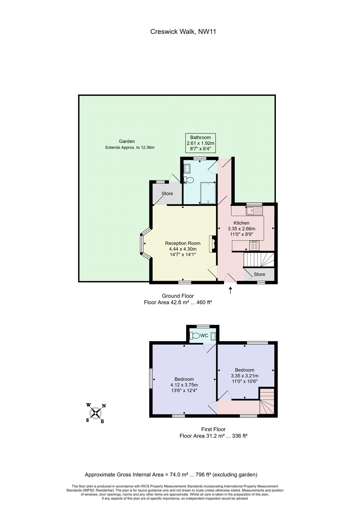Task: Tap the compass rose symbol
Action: pyautogui.click(x=96, y=413)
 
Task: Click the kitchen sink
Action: pyautogui.click(x=254, y=211)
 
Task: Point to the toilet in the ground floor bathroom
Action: pyautogui.click(x=189, y=180)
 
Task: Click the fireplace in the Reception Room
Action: pyautogui.click(x=212, y=244)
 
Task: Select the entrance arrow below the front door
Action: pyautogui.click(x=231, y=290)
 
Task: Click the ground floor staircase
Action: pyautogui.click(x=259, y=260)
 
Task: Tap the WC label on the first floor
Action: pyautogui.click(x=204, y=336)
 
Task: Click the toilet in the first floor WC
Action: pyautogui.click(x=195, y=336)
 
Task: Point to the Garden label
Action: pyautogui.click(x=127, y=141)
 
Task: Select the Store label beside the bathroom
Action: pyautogui.click(x=167, y=194)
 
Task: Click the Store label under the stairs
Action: pyautogui.click(x=259, y=275)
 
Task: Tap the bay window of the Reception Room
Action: pyautogui.click(x=143, y=244)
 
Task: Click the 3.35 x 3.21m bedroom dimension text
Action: pyautogui.click(x=245, y=376)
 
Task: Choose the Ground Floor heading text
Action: pyautogui.click(x=178, y=296)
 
